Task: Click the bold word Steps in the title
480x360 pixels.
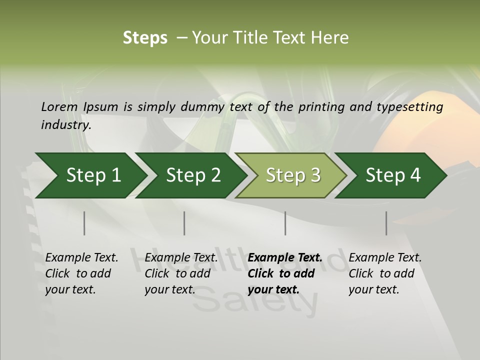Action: [x=145, y=37]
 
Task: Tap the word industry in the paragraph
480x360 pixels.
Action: [x=65, y=124]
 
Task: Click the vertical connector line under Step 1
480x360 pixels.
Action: [x=84, y=223]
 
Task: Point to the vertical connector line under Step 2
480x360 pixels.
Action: [x=184, y=223]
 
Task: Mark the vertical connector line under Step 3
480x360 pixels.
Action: [x=285, y=223]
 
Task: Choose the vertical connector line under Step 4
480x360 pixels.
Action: [x=386, y=223]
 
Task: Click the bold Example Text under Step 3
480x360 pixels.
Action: [x=285, y=257]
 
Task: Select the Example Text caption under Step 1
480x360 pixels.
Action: [x=81, y=257]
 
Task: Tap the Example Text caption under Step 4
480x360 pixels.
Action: [x=385, y=257]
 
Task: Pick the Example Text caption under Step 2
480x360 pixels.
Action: [x=181, y=257]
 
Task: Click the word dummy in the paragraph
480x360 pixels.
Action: [x=203, y=107]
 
